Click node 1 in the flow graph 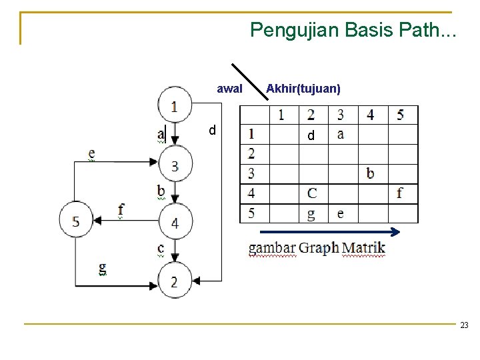point(175,104)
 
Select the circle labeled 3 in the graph point(175,165)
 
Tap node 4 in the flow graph point(175,222)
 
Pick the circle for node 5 point(76,221)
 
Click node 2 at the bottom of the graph point(175,281)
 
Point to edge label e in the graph point(91,153)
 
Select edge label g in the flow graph point(102,268)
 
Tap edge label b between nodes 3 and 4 point(161,191)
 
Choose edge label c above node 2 point(161,248)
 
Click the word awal point(230,89)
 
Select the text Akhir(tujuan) point(303,89)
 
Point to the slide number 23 point(464,325)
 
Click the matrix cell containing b point(371,174)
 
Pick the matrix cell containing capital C point(312,193)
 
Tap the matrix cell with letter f point(400,193)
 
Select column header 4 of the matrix point(371,115)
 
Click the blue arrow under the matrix point(327,232)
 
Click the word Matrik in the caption point(363,249)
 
